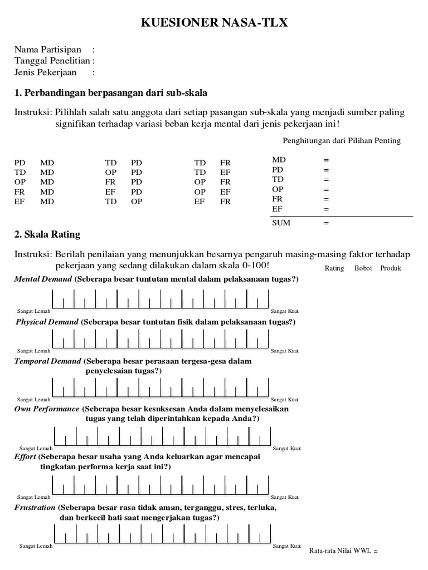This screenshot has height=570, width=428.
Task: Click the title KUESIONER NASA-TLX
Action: coord(214,22)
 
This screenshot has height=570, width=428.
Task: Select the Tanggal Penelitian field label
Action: coord(52,61)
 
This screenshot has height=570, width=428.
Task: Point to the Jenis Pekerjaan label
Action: coord(46,72)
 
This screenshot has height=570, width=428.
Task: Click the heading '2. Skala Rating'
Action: coord(47,234)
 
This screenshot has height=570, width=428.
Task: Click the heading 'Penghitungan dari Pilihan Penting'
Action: coord(342,140)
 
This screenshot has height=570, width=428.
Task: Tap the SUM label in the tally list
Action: coord(281,223)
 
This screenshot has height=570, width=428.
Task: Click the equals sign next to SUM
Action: coord(326,223)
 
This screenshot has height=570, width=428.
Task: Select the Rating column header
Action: coord(334,268)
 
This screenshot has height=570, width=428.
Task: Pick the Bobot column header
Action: coord(363,268)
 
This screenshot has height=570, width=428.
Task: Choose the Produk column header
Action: coord(391,268)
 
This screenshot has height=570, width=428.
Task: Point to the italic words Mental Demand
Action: coord(43,279)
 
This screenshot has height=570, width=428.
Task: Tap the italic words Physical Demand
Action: coord(47,322)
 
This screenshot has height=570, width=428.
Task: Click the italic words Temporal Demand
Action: coord(48,361)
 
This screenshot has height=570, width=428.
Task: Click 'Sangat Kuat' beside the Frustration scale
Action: coord(287,546)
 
